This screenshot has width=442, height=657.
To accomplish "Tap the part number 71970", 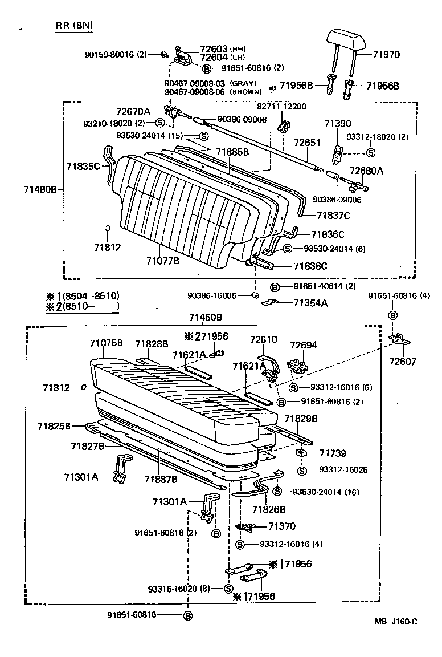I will [x=386, y=55].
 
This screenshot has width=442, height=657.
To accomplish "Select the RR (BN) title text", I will [x=73, y=26].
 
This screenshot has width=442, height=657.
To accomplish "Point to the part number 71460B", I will [x=206, y=317].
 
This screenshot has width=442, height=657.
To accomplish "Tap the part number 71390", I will [x=338, y=123].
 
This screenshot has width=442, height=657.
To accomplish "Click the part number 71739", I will [x=333, y=453].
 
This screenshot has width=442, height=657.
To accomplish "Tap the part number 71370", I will [x=282, y=526].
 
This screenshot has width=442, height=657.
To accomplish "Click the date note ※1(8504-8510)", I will [x=83, y=296].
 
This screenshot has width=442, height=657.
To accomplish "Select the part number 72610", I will [x=263, y=340].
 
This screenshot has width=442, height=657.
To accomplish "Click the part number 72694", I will [x=304, y=346].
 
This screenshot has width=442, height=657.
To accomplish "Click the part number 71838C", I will [x=310, y=266].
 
